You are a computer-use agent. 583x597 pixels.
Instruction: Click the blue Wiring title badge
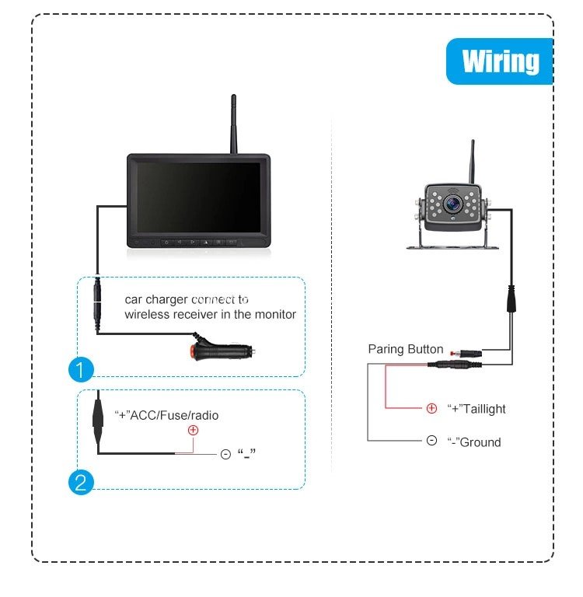(x=500, y=61)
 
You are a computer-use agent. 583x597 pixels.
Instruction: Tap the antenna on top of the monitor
(x=234, y=124)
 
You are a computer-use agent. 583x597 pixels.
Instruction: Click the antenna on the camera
(x=472, y=162)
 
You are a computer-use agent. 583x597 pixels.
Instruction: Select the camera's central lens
(x=452, y=204)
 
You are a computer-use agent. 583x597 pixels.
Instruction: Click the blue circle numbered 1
(x=81, y=369)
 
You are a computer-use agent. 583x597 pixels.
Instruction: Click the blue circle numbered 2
(x=81, y=483)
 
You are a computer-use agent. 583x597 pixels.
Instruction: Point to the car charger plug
(x=223, y=349)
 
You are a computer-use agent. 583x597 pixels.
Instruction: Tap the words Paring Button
(x=406, y=349)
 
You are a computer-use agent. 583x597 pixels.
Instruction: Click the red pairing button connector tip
(x=452, y=354)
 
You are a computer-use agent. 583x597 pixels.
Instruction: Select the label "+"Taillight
(x=477, y=409)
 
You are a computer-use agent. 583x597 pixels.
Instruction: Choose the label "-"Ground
(x=474, y=442)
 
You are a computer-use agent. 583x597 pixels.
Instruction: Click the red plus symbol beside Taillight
(x=431, y=409)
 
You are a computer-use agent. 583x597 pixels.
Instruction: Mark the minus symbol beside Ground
(x=431, y=441)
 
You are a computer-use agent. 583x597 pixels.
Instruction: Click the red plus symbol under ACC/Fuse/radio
(x=193, y=430)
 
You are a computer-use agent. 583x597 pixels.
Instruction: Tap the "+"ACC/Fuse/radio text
(x=166, y=415)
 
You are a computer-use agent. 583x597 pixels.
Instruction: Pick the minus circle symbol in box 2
(x=225, y=454)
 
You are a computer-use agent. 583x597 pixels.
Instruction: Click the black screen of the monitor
(x=199, y=197)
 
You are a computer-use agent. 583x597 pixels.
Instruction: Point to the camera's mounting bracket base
(x=452, y=247)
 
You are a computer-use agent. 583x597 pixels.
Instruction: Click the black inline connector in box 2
(x=98, y=418)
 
